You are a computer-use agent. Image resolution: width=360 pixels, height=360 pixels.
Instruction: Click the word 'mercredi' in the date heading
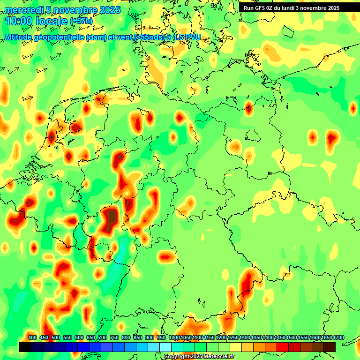click(22, 10)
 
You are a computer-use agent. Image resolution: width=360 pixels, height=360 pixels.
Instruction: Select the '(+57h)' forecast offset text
click(81, 22)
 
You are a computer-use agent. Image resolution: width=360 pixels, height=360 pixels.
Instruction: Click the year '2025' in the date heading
click(110, 10)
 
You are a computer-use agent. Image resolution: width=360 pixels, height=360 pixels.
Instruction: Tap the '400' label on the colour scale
click(32, 338)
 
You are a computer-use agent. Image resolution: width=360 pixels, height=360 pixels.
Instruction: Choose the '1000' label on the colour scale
click(173, 338)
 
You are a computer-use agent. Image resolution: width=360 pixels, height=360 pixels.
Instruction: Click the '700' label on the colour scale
click(103, 338)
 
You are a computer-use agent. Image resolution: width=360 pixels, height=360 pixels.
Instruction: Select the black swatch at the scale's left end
click(25, 347)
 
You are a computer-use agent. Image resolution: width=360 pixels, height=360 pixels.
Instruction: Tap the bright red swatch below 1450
click(283, 347)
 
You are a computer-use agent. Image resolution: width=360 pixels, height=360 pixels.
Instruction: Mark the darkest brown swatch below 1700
click(330, 347)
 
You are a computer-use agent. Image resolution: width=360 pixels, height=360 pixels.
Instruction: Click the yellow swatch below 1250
click(236, 347)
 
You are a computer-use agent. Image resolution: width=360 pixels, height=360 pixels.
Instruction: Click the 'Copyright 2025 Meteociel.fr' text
click(199, 356)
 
